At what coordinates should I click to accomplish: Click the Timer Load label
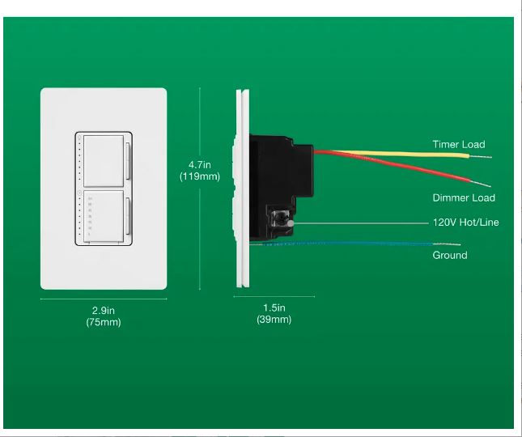pos(458,145)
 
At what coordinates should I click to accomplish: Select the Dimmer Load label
pos(463,197)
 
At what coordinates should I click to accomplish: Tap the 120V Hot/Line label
pos(465,222)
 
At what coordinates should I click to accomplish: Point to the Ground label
pos(449,255)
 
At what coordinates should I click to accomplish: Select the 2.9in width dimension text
pos(103,310)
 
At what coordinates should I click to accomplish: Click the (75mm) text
pos(103,322)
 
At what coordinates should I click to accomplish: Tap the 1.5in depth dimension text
pos(274,308)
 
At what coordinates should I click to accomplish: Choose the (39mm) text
pos(274,319)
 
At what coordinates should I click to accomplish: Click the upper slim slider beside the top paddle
pos(128,159)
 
